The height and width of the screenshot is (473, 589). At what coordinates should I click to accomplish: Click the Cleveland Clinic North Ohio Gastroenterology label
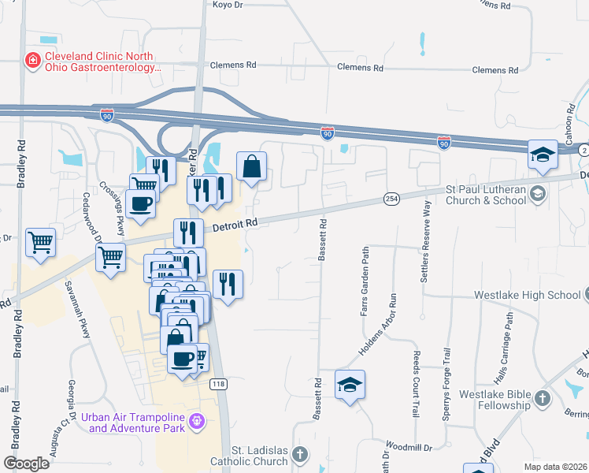(x=103, y=62)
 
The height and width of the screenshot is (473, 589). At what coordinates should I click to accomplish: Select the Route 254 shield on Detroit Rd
(x=391, y=198)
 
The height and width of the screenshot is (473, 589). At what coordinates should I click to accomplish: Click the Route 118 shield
(x=218, y=384)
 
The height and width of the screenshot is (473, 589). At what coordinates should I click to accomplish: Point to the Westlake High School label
(x=527, y=296)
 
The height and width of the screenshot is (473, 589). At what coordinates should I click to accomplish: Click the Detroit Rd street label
(x=235, y=225)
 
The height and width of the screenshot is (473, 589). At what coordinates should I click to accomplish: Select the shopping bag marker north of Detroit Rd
(x=251, y=166)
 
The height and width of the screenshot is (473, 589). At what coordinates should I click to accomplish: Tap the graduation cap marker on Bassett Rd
(x=350, y=385)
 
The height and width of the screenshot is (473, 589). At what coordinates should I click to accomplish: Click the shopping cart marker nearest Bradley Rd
(x=40, y=243)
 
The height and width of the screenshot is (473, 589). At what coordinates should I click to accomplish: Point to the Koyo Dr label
(x=227, y=5)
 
